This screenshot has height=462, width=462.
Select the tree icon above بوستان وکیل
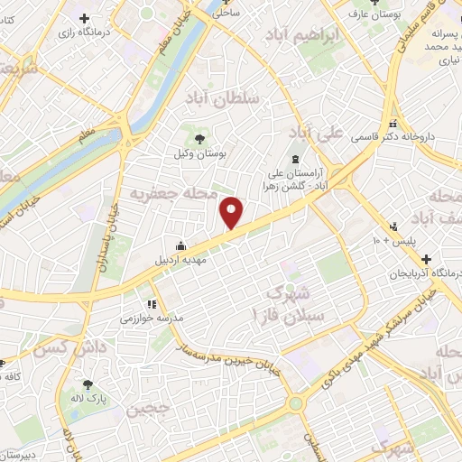(199, 138)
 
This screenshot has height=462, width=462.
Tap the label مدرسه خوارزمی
(146, 319)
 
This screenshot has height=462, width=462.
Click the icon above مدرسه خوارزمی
(152, 303)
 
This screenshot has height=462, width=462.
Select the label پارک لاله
(89, 397)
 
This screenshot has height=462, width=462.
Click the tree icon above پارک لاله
(88, 383)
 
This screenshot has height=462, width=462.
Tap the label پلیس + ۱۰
(390, 242)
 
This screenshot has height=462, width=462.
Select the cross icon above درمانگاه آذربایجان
(425, 259)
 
